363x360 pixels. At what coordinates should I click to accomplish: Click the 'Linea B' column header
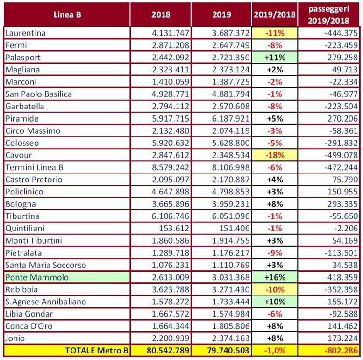tap(67, 14)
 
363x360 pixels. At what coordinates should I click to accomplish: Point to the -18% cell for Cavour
tap(275, 155)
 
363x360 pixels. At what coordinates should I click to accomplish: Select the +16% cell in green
tap(275, 277)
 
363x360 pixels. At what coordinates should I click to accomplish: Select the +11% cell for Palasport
tap(275, 58)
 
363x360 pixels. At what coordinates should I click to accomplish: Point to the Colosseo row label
tap(22, 143)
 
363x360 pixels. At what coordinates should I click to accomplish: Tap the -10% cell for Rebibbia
tap(275, 289)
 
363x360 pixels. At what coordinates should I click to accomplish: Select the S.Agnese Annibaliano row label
tap(46, 302)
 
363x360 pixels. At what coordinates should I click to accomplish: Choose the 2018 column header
tap(161, 14)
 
